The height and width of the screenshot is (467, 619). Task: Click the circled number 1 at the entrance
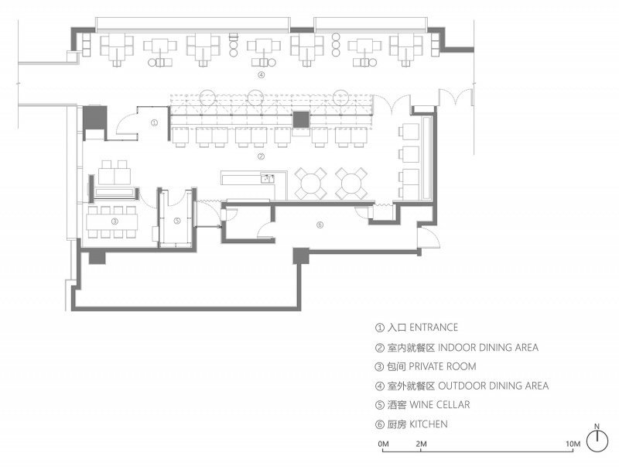pyautogui.click(x=154, y=123)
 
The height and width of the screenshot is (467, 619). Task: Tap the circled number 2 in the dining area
pyautogui.click(x=261, y=156)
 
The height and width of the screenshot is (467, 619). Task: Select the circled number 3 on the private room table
pyautogui.click(x=115, y=221)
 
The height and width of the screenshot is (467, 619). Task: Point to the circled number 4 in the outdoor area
pyautogui.click(x=261, y=74)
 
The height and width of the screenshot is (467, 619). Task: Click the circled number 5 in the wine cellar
pyautogui.click(x=177, y=221)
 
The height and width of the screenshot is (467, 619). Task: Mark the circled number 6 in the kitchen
pyautogui.click(x=320, y=225)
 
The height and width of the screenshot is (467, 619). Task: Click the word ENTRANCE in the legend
pyautogui.click(x=433, y=328)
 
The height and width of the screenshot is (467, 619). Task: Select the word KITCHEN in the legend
pyautogui.click(x=429, y=424)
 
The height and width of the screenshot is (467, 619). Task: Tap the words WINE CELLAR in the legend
pyautogui.click(x=439, y=405)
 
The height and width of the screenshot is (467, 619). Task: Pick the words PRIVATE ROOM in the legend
pyautogui.click(x=442, y=366)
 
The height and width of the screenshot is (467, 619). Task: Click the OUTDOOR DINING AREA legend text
pyautogui.click(x=494, y=386)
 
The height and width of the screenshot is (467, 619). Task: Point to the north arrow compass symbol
pyautogui.click(x=597, y=441)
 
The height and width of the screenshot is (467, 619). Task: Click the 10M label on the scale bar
pyautogui.click(x=573, y=444)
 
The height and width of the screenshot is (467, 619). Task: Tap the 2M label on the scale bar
pyautogui.click(x=421, y=444)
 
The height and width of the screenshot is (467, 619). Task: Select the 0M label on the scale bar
pyautogui.click(x=383, y=444)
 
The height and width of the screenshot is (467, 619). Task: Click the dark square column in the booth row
pyautogui.click(x=301, y=120)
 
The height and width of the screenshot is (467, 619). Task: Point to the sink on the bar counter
pyautogui.click(x=267, y=179)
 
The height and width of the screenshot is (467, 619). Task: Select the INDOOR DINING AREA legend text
pyautogui.click(x=488, y=347)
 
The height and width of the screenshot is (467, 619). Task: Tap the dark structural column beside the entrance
pyautogui.click(x=94, y=118)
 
